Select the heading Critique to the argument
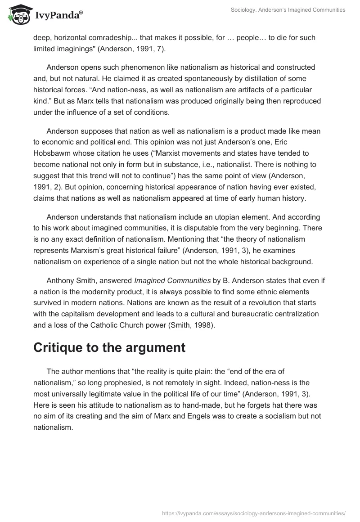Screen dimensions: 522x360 110,347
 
